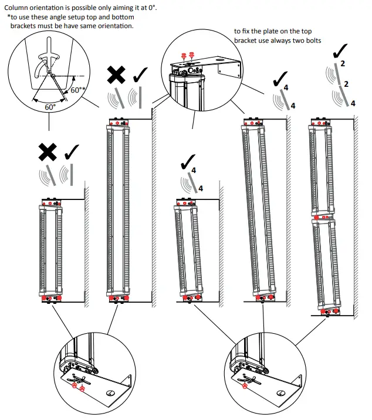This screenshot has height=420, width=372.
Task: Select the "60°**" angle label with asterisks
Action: pos(78,91)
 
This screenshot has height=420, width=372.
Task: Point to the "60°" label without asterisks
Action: pos(50,107)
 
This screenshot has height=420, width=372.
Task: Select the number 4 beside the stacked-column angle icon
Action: pos(353,103)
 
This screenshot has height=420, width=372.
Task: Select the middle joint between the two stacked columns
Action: pos(323,216)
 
